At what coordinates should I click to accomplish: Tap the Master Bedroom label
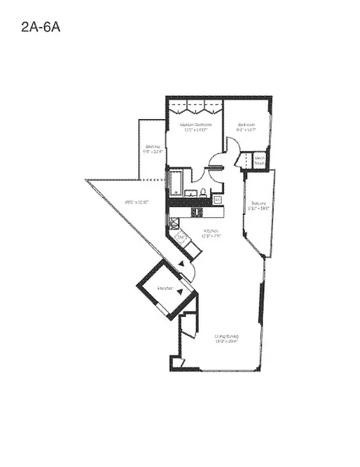195,124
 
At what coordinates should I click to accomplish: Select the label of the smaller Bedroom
246,124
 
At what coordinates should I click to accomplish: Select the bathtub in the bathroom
175,183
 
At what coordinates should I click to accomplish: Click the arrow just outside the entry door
181,264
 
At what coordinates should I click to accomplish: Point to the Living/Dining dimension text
226,343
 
